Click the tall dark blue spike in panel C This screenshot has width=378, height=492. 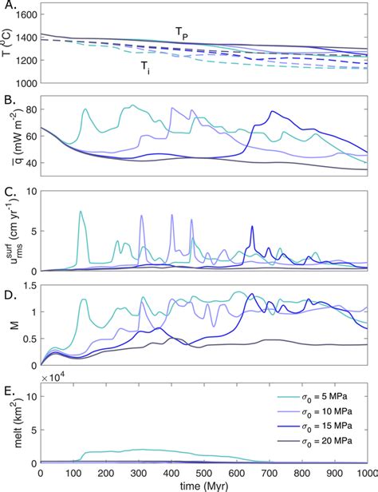tap(252, 227)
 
